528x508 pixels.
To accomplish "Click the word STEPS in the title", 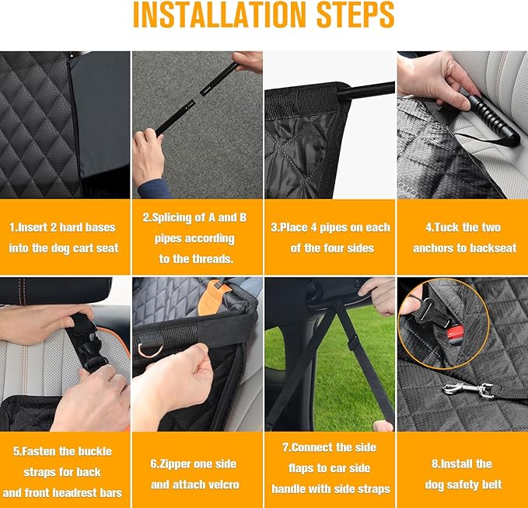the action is (355, 15).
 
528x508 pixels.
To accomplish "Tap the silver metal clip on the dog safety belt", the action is (468, 391).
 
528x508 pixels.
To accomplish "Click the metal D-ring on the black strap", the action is (149, 350).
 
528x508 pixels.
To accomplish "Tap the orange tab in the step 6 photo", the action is (213, 297).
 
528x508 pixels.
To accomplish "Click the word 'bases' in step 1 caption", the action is (100, 228).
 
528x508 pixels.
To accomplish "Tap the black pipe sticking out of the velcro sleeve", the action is (365, 90).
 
